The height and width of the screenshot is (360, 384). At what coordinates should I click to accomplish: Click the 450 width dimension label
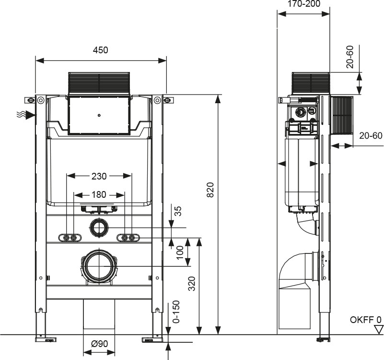pyautogui.click(x=100, y=50)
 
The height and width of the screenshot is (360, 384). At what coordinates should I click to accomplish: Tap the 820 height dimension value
pyautogui.click(x=210, y=190)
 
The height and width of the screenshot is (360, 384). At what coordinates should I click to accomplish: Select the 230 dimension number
pyautogui.click(x=99, y=176)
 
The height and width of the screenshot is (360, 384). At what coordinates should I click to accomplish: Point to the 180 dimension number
pyautogui.click(x=99, y=195)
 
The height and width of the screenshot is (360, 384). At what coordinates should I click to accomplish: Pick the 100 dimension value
pyautogui.click(x=179, y=252)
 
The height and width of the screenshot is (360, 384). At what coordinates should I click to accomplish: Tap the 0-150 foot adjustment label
pyautogui.click(x=176, y=312)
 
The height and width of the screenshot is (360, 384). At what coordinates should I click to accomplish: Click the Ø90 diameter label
pyautogui.click(x=99, y=344)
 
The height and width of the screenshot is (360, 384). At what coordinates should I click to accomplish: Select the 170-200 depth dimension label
pyautogui.click(x=303, y=4)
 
